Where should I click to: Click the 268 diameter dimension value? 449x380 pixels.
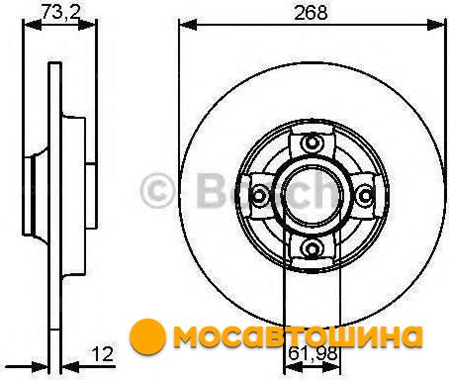pos(311,13)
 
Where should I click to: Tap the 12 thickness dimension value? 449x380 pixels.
pos(102,354)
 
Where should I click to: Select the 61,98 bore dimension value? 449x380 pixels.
pos(313,353)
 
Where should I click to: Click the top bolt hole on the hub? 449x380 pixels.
pos(312,142)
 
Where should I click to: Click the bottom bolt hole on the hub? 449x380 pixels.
pos(312,248)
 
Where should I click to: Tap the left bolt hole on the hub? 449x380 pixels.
pos(259,196)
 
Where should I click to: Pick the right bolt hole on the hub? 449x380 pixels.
pos(364,196)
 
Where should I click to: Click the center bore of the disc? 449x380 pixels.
pos(312,196)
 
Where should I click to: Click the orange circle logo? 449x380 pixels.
pos(147,335)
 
